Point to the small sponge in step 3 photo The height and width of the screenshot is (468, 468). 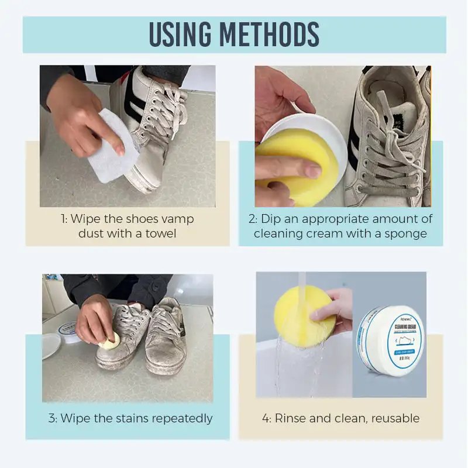click(111, 341)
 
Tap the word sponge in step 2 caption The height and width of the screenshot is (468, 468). click(407, 233)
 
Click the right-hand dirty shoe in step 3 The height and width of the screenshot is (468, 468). click(166, 336)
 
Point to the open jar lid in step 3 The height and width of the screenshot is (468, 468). click(51, 345)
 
